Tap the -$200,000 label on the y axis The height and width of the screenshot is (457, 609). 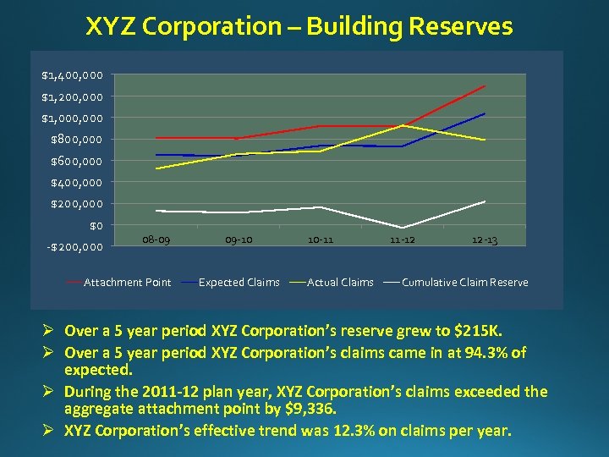click(x=74, y=247)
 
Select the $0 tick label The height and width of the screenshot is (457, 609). click(x=96, y=226)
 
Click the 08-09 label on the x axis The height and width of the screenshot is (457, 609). click(x=156, y=240)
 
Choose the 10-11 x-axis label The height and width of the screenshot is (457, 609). click(x=321, y=240)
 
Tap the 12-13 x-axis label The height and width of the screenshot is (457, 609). click(x=485, y=240)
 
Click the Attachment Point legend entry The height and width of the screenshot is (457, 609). click(x=127, y=283)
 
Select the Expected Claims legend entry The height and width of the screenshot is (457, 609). click(x=239, y=283)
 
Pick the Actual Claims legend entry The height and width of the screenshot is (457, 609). click(x=340, y=283)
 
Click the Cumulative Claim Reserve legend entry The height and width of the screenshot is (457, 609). click(x=464, y=283)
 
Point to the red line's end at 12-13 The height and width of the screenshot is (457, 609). click(x=485, y=86)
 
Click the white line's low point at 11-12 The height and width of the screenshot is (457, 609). click(x=403, y=228)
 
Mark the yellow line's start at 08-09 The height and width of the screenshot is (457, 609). click(x=156, y=168)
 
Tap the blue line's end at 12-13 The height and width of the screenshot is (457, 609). click(x=485, y=113)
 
